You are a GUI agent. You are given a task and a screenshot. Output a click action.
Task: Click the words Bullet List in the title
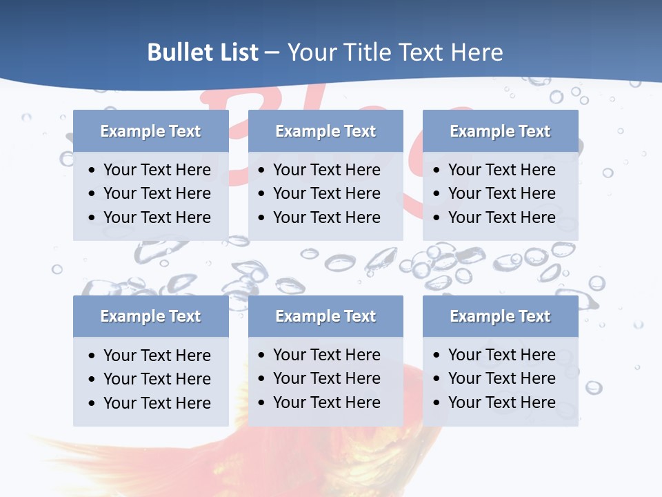(203, 52)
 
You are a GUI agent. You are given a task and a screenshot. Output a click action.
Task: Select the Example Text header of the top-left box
(150, 131)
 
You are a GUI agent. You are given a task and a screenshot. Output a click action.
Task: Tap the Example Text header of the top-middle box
(325, 131)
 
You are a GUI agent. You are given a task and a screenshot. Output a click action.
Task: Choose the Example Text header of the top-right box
(500, 131)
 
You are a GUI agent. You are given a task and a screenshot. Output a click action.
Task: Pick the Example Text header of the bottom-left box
(150, 316)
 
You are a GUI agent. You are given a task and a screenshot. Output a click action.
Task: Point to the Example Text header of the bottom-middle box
(325, 316)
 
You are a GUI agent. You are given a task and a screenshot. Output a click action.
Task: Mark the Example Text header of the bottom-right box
(500, 316)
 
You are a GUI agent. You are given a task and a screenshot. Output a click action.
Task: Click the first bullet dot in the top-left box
(92, 170)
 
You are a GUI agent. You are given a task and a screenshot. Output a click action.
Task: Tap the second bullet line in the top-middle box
(326, 193)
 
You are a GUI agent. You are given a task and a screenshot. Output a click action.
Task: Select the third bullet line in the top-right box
(501, 217)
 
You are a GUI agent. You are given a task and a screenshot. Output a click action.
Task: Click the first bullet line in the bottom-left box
(157, 355)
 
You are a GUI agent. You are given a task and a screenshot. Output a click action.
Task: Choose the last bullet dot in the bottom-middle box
(262, 402)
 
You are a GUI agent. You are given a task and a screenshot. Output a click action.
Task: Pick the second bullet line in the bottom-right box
(501, 378)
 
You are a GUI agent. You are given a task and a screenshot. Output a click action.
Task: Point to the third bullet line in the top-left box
(157, 217)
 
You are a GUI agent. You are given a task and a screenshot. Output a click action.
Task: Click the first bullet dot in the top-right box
(437, 170)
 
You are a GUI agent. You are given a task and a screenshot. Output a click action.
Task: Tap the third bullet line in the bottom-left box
(157, 403)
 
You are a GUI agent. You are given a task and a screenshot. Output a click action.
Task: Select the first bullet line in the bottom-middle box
(326, 355)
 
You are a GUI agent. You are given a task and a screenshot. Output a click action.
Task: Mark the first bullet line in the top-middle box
(326, 170)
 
